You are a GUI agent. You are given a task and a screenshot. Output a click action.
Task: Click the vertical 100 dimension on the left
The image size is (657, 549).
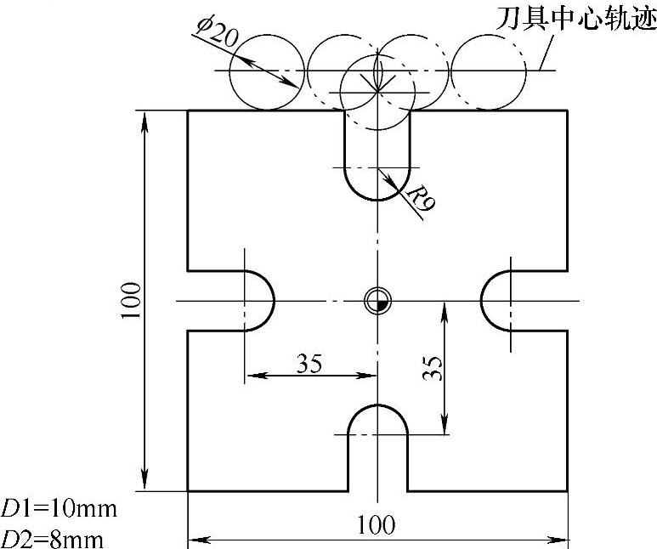tap(130, 301)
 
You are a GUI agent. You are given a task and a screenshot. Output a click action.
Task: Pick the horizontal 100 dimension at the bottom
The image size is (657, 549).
tap(377, 524)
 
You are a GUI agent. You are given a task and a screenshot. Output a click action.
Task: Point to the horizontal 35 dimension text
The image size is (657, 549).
tap(309, 363)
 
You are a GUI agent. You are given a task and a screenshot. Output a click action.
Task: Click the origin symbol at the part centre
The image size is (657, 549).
tap(377, 300)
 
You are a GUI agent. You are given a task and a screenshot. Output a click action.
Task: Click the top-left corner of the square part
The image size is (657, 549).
tap(188, 110)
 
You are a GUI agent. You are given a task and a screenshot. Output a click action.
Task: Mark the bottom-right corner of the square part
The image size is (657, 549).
tap(567, 491)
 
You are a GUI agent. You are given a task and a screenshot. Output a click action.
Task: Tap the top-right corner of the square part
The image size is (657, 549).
tap(567, 110)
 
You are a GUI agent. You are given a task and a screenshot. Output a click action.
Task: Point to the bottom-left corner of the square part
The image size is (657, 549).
tap(188, 491)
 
